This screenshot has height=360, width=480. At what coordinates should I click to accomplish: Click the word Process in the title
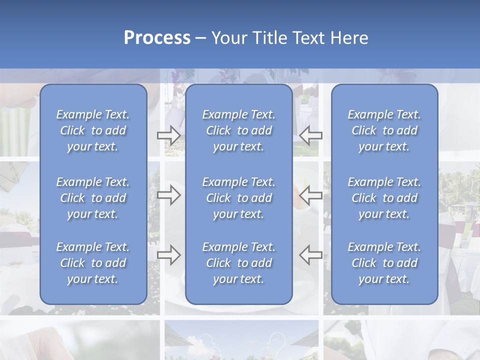(x=157, y=38)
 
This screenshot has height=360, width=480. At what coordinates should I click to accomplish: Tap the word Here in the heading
(x=349, y=38)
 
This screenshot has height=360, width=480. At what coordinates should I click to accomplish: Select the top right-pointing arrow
(x=168, y=135)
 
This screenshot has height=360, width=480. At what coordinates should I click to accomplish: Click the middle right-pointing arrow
(x=168, y=195)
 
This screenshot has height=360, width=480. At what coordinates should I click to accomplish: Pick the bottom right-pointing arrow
(x=168, y=255)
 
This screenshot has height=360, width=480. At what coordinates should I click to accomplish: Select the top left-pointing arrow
(x=311, y=135)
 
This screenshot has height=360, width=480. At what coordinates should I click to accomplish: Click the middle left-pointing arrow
(x=311, y=195)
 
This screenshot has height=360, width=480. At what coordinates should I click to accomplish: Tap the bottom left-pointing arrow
(x=311, y=255)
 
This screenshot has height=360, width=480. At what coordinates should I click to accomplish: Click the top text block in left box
(x=93, y=130)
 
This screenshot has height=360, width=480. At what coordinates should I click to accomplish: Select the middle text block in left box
(x=93, y=198)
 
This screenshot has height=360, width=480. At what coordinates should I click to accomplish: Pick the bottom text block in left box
(x=93, y=263)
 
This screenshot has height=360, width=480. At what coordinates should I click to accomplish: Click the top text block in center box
(x=238, y=130)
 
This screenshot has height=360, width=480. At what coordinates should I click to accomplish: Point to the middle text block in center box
(x=238, y=198)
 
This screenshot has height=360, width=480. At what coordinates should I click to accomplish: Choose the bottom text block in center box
(x=238, y=263)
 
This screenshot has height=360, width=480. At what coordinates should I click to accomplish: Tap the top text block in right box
(x=384, y=130)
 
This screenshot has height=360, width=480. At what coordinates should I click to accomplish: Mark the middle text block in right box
(x=384, y=198)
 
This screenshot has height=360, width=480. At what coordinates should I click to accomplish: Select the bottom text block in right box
(x=384, y=263)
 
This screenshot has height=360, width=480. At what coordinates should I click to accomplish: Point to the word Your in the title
(x=228, y=38)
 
